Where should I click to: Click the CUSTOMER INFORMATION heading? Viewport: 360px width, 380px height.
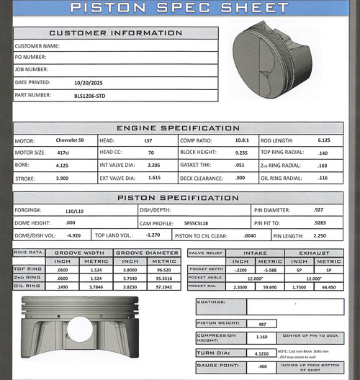(115, 33)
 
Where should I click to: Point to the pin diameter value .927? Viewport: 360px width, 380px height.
(318, 210)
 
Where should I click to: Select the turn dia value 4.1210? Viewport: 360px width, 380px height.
(262, 353)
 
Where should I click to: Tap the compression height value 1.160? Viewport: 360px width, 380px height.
(262, 337)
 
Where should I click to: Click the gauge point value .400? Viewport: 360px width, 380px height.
(262, 367)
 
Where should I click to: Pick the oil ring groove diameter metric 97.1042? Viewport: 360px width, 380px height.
(164, 285)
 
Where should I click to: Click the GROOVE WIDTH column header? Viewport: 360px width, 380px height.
(79, 253)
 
